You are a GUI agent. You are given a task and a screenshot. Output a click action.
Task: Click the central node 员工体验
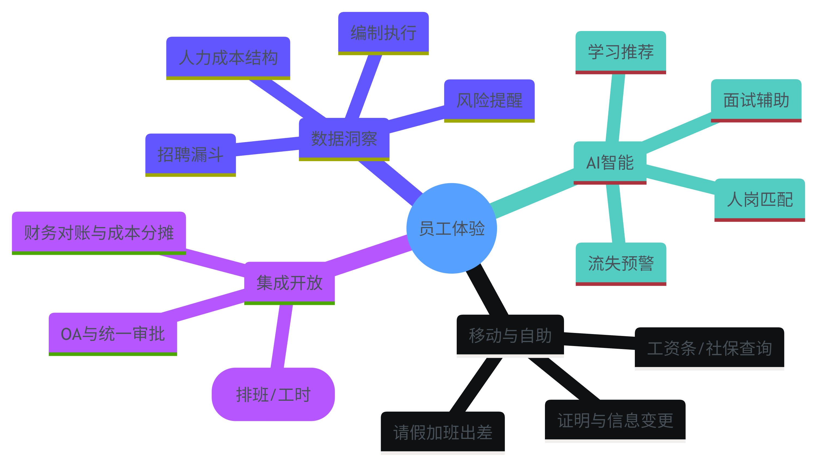(x=451, y=228)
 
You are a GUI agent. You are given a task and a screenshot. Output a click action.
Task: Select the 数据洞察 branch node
(x=344, y=139)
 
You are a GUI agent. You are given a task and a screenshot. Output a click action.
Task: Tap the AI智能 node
(x=610, y=162)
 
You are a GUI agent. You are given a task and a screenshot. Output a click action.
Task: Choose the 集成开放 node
(x=289, y=283)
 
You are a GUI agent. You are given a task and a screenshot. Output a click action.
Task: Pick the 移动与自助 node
(x=510, y=335)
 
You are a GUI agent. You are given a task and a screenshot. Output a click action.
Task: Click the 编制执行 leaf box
(x=383, y=33)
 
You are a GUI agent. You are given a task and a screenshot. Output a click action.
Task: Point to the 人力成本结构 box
(x=228, y=57)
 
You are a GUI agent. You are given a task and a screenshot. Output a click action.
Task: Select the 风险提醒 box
(x=489, y=100)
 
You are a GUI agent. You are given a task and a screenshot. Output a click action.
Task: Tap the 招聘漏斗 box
(x=190, y=154)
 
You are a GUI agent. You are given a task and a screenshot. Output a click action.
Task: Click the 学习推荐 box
(x=621, y=52)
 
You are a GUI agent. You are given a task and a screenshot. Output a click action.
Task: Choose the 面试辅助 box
(x=756, y=100)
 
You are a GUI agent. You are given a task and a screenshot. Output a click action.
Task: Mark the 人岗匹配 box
(x=759, y=199)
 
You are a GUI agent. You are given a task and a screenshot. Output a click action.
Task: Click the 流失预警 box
(x=621, y=264)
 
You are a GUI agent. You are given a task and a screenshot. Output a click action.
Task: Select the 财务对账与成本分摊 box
(x=99, y=232)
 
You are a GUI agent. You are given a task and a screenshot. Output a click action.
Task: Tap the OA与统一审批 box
(x=113, y=334)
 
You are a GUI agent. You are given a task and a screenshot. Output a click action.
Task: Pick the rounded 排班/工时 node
(x=273, y=394)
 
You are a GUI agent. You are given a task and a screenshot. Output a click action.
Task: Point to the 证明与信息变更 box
(x=615, y=420)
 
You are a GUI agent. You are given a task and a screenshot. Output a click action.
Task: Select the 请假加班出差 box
(x=442, y=432)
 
